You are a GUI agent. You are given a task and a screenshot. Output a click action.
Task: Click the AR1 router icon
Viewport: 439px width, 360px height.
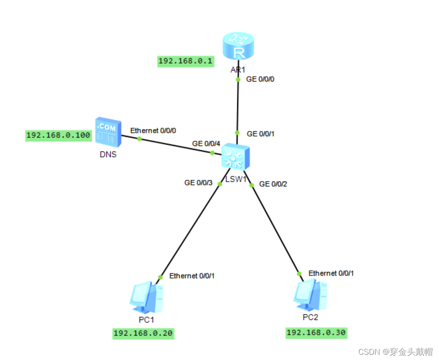238,47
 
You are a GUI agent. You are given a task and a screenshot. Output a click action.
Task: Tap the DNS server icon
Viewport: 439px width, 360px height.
107,132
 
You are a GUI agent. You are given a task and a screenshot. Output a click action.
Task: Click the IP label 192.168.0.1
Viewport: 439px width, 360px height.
185,61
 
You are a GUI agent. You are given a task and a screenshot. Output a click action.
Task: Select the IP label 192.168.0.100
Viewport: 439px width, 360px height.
58,135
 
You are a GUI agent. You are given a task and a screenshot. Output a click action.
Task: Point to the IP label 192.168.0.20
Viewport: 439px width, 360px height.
143,334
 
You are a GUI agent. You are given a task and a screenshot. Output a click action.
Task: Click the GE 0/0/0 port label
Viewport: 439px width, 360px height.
260,79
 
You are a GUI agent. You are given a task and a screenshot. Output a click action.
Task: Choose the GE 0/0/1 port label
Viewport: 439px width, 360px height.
261,134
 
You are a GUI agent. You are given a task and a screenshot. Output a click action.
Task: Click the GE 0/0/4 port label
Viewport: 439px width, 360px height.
206,144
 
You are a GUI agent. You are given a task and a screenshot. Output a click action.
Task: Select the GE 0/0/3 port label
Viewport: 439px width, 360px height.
198,183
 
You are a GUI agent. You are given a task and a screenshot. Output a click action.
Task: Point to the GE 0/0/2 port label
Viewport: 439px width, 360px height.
273,184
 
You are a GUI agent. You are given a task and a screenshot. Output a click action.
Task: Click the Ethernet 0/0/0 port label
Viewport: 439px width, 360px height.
153,130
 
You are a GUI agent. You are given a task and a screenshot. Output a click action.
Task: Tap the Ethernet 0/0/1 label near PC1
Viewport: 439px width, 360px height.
192,276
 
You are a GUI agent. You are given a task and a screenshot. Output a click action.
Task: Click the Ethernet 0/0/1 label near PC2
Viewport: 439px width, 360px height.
331,273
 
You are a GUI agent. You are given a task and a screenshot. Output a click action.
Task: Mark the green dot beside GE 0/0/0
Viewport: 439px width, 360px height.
238,79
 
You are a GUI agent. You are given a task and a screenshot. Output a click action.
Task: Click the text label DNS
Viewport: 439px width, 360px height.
108,154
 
